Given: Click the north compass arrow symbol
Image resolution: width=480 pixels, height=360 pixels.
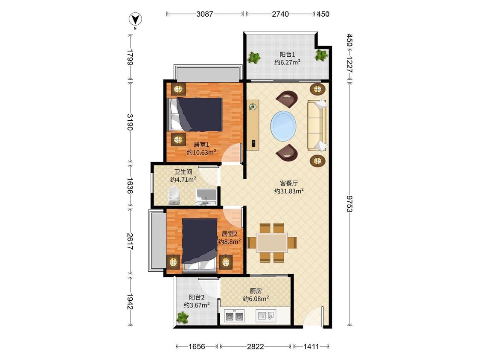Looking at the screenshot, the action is pos(135,20).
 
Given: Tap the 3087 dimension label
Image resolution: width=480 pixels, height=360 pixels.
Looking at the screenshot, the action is pos(205,14).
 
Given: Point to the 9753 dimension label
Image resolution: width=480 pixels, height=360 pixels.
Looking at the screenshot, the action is pos(349,203).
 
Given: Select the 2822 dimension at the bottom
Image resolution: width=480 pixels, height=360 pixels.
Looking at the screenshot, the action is pos(256,346).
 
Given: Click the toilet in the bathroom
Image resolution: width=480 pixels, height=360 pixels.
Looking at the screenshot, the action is pos(174,196).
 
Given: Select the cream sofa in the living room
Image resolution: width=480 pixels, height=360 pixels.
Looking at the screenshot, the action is pos(317,125).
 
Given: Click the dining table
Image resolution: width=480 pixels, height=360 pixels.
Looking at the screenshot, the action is pos(272,243).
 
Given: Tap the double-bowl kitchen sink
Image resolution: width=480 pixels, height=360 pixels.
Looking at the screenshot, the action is pos(235,316).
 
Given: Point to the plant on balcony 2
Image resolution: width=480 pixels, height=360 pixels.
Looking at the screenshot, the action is pos(183,317).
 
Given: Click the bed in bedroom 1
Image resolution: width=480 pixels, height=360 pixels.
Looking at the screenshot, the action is pos(195,114).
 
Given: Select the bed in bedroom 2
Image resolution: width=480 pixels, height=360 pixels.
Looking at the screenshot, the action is pos(200,245).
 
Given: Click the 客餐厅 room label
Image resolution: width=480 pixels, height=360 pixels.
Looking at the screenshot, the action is pos(289,183).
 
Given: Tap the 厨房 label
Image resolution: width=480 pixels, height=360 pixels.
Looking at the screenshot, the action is pos(256,291).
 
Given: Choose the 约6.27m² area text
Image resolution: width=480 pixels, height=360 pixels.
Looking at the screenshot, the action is pos(287,62).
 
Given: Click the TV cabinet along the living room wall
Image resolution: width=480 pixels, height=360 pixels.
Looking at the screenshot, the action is pos(253,125).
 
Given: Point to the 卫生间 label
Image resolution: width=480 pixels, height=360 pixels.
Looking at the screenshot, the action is pos(183,172).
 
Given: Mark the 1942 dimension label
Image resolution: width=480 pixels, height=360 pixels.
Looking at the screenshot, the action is pos(130,302).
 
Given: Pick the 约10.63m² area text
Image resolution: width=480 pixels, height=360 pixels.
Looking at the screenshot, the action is pos(201,152).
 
